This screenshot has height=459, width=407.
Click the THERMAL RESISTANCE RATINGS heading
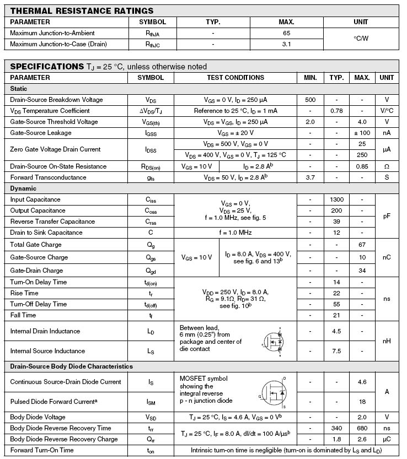click(82, 10)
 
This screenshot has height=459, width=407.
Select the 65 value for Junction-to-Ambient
click(286, 33)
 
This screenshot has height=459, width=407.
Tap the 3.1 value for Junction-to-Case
click(286, 44)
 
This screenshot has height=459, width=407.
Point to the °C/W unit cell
click(361, 39)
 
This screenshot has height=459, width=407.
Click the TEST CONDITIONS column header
click(235, 78)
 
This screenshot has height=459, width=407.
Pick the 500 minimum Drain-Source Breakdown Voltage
click(310, 100)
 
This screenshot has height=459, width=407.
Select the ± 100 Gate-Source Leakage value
click(362, 133)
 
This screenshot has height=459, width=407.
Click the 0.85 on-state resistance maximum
click(362, 166)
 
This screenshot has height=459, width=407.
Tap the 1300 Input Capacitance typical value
click(336, 199)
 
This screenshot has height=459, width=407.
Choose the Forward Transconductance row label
click(48, 177)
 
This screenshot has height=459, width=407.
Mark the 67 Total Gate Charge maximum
click(362, 244)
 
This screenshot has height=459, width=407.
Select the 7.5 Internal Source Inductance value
click(336, 351)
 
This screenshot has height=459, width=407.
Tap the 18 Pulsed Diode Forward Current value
click(362, 402)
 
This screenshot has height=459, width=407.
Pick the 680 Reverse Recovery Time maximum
click(362, 428)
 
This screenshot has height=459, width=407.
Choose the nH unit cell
click(387, 341)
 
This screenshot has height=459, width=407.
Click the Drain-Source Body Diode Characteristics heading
click(71, 366)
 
